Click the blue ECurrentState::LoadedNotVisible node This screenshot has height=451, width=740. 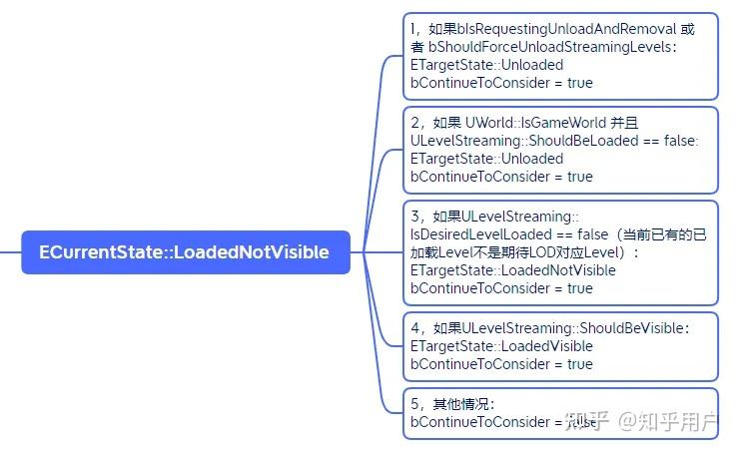point(184,252)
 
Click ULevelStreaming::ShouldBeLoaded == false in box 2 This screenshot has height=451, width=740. point(554,141)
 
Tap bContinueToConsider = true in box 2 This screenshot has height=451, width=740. point(501,177)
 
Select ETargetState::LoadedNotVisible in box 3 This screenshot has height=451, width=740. point(513,270)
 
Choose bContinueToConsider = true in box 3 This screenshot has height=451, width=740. point(501,288)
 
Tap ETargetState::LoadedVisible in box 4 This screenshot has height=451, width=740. point(501,346)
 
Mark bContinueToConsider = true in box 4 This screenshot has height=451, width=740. point(501,364)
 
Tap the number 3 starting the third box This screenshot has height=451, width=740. point(415,217)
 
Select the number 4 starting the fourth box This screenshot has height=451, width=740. point(415,328)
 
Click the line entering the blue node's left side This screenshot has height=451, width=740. point(10,252)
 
